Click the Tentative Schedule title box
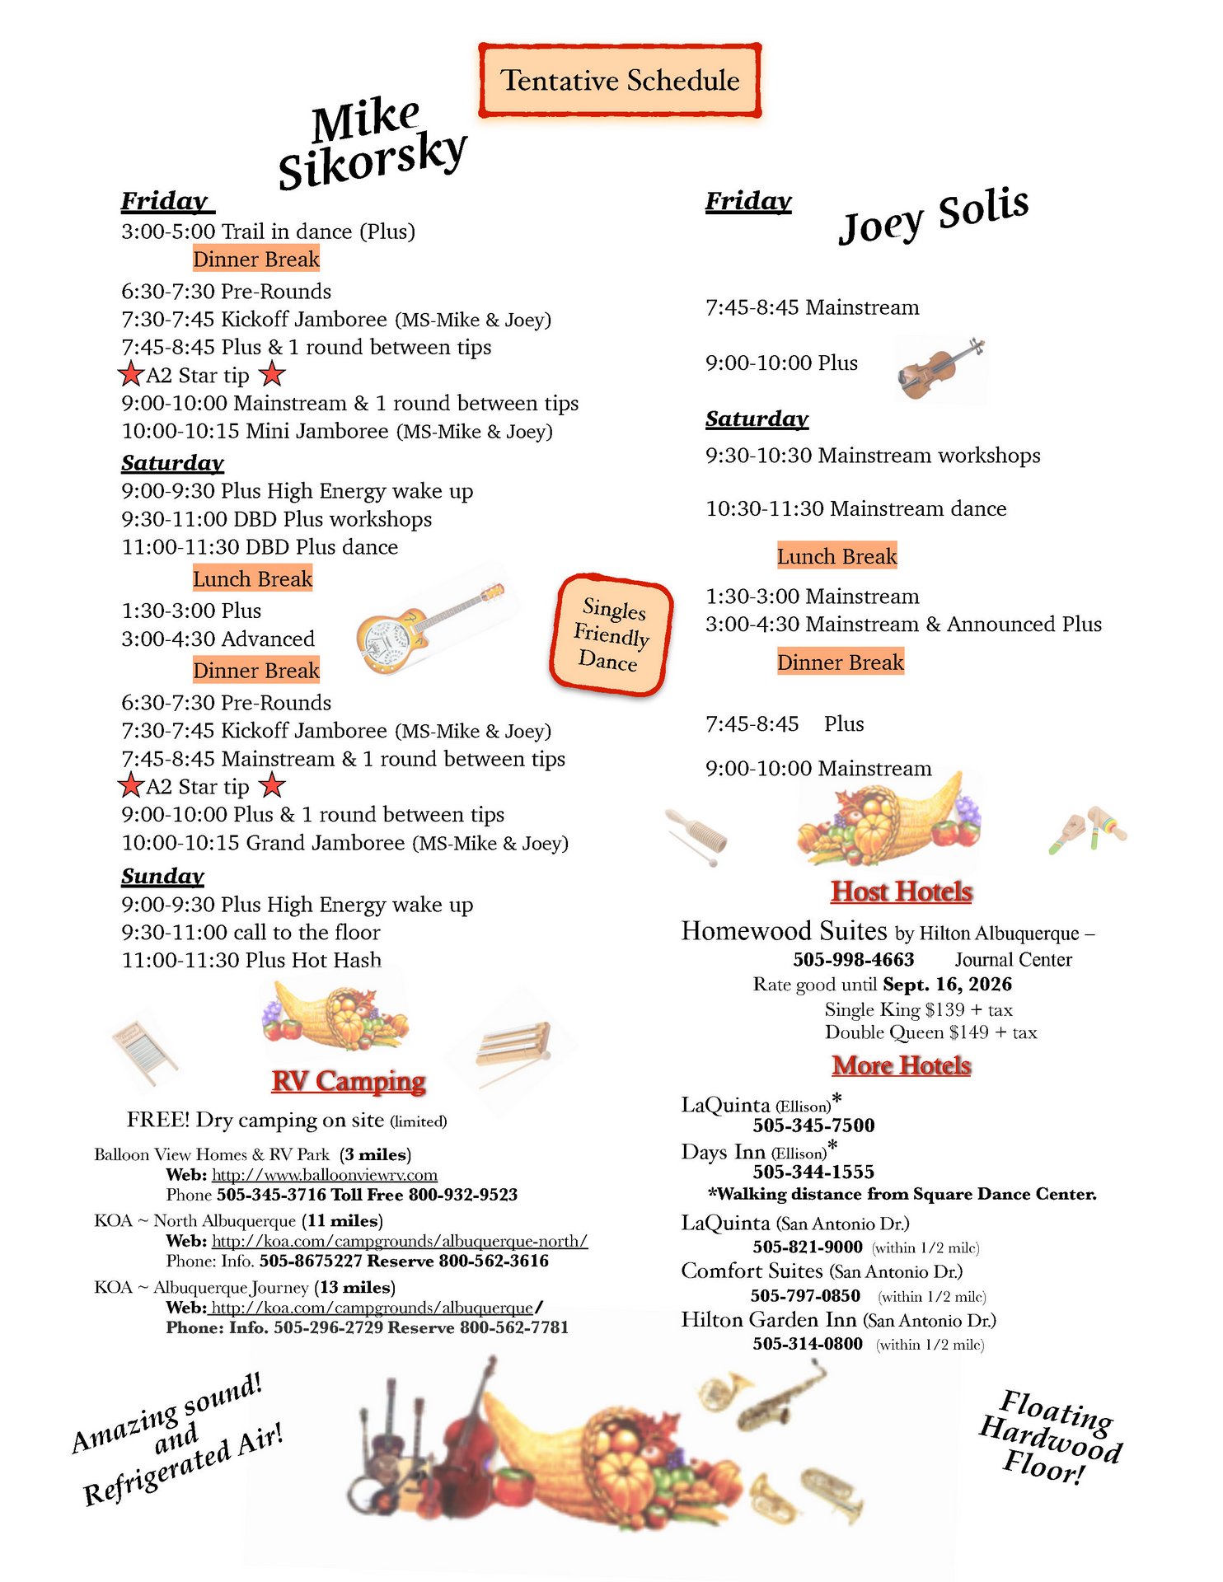[x=620, y=81]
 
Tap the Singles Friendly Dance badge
[x=611, y=635]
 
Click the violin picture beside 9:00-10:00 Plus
[x=940, y=368]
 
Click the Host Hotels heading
[x=902, y=892]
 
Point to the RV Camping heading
[x=349, y=1081]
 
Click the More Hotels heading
[x=902, y=1065]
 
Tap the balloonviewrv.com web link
[x=325, y=1175]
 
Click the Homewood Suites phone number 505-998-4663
[x=854, y=960]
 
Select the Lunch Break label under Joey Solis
[x=836, y=557]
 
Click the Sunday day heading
[x=162, y=876]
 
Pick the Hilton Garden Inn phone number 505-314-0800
[x=808, y=1344]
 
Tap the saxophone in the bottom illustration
[x=782, y=1397]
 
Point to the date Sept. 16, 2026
[x=947, y=985]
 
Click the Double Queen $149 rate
[x=930, y=1033]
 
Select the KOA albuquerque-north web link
[x=400, y=1241]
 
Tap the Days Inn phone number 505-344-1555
[x=813, y=1172]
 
